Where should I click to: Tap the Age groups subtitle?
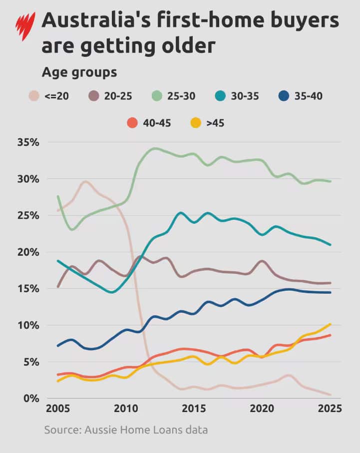tap(79, 72)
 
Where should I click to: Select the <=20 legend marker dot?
tap(34, 96)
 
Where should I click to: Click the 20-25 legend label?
tap(118, 96)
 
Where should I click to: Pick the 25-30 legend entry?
tap(174, 96)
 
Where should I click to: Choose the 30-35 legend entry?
tap(237, 96)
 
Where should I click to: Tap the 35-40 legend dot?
tap(284, 96)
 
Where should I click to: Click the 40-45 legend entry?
tap(149, 123)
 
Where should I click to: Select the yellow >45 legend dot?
tap(196, 123)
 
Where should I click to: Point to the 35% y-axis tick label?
tap(28, 142)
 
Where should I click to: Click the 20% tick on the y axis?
tap(28, 252)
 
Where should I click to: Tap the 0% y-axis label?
tap(31, 399)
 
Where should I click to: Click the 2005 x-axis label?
tap(58, 409)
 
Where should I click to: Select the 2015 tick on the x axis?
tap(194, 409)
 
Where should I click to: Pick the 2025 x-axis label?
tap(330, 409)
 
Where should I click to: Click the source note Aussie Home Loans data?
tap(126, 430)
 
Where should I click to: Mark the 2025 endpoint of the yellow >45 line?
tap(330, 324)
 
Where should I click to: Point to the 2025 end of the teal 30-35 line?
tap(330, 245)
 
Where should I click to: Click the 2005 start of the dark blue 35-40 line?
tap(58, 346)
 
